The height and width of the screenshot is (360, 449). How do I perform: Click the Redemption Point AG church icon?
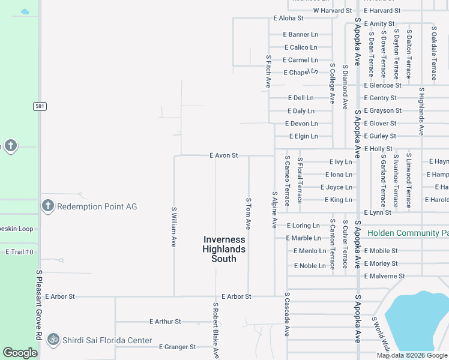pyautogui.click(x=48, y=206)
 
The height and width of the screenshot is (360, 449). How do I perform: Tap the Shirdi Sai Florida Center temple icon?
pyautogui.click(x=53, y=340)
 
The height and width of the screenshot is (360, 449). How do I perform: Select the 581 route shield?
pyautogui.click(x=40, y=106)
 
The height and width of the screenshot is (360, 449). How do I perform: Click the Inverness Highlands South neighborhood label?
pyautogui.click(x=223, y=249)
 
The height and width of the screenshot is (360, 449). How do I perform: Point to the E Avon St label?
pyautogui.click(x=224, y=155)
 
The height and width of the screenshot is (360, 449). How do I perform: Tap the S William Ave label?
pyautogui.click(x=174, y=227)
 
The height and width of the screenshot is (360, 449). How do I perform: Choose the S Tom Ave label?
pyautogui.click(x=248, y=213)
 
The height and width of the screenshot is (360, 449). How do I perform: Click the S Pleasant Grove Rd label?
pyautogui.click(x=39, y=306)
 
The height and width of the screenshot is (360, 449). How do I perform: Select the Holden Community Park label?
pyautogui.click(x=408, y=233)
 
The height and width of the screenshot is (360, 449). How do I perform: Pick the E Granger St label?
pyautogui.click(x=177, y=347)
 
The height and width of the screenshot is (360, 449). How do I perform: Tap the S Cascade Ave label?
pyautogui.click(x=287, y=314)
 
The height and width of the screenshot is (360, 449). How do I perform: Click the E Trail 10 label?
pyautogui.click(x=19, y=252)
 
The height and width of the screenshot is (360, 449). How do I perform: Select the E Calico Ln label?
pyautogui.click(x=300, y=47)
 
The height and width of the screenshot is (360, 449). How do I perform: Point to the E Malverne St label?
pyautogui.click(x=384, y=276)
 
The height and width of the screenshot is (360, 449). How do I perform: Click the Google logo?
pyautogui.click(x=20, y=353)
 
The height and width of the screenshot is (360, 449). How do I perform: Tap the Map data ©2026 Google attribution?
pyautogui.click(x=412, y=355)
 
